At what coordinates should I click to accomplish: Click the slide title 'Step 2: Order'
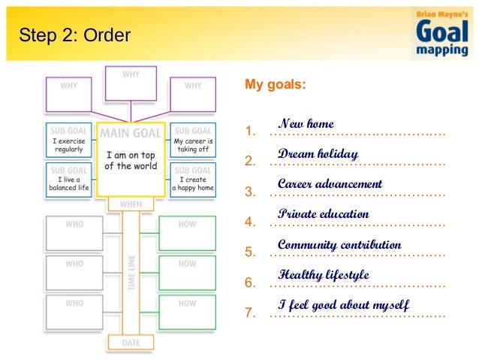74,35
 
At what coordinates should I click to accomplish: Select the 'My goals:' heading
276,85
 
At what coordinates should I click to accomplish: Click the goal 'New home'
306,123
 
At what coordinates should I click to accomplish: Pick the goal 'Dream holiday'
318,153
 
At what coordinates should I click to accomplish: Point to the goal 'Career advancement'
330,183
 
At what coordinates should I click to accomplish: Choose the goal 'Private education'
323,214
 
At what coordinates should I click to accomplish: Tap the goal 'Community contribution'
339,245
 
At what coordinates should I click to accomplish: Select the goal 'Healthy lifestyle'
323,275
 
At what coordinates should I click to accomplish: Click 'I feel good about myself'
343,305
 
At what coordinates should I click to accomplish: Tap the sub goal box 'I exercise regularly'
68,140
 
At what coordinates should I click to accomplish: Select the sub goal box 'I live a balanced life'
68,180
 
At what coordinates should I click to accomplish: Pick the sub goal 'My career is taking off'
193,140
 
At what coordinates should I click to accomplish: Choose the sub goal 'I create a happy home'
193,180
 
